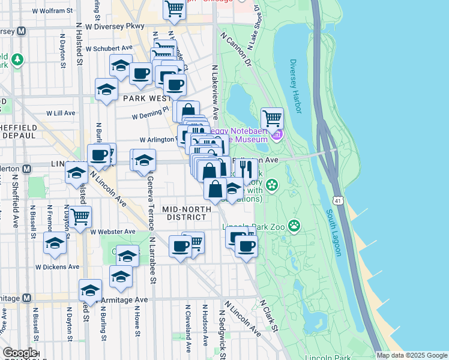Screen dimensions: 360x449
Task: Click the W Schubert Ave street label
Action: point(109,49)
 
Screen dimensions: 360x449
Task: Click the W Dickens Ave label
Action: point(57,267)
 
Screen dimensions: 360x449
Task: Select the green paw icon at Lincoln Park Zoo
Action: point(294,226)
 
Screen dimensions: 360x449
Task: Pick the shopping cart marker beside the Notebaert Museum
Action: point(273,118)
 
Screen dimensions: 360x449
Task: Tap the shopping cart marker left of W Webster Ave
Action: point(80,216)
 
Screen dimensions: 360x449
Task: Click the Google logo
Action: point(19,353)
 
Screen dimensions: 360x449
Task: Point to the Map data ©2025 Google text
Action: point(412,355)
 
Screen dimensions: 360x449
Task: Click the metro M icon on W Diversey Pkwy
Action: point(21,31)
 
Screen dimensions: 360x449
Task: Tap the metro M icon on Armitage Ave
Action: point(26,298)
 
